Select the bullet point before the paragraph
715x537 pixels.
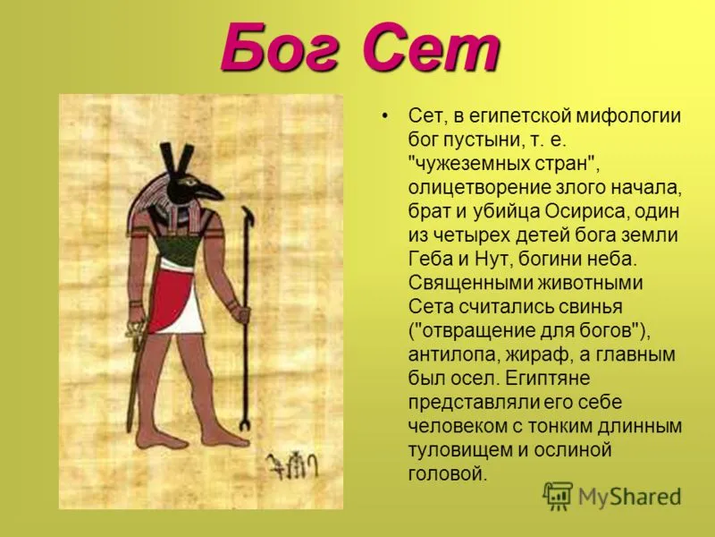(x=386, y=115)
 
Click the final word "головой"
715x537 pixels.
(x=448, y=473)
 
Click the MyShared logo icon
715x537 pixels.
(x=557, y=496)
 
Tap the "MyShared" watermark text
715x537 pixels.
(x=629, y=497)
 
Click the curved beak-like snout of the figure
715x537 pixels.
(x=208, y=190)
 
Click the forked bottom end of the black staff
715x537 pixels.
(x=245, y=425)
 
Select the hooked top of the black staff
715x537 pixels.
(x=248, y=214)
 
